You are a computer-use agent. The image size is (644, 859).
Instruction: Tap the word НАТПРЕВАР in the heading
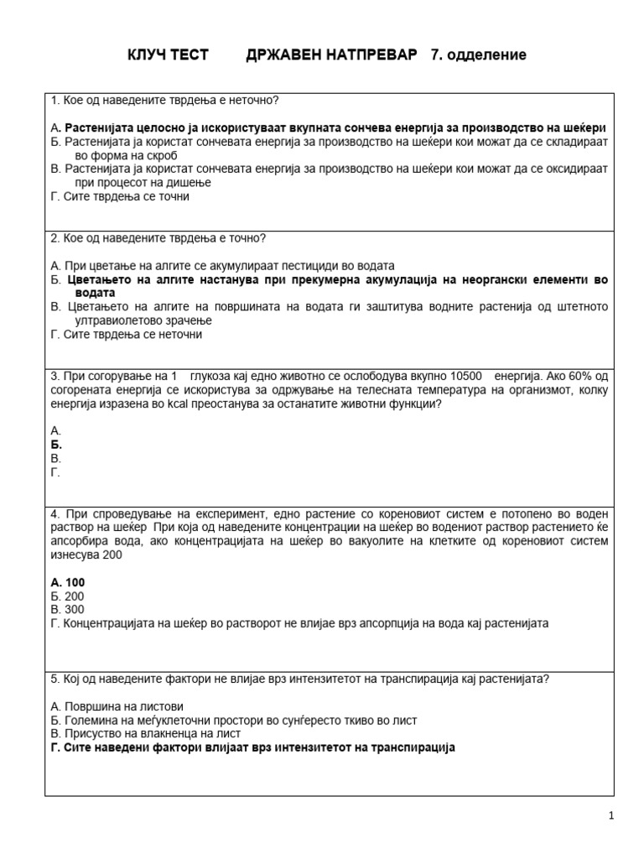373,55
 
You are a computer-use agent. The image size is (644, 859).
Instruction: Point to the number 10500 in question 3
467,376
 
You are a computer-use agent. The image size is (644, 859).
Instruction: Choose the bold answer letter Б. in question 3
57,445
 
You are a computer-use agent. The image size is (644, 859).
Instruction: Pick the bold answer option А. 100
68,581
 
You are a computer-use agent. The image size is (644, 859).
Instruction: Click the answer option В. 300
67,609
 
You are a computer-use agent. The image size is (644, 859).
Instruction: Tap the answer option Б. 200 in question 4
67,596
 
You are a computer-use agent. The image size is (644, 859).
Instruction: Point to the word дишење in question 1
188,182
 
